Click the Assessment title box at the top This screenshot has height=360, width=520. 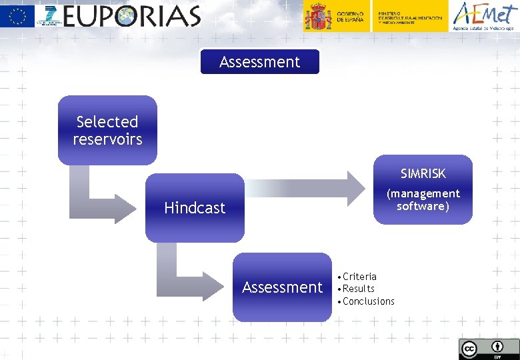coord(260,62)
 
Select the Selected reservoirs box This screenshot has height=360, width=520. coord(107,130)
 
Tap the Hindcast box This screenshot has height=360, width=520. coord(195,208)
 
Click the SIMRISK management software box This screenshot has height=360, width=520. coord(423,190)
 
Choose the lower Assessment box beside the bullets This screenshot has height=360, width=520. coord(282,287)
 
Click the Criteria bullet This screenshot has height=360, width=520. coord(359,277)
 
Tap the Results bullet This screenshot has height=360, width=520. coord(358,289)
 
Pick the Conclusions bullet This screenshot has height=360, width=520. coord(368,301)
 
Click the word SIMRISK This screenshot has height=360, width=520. coord(423,174)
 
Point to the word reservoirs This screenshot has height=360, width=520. coord(107,139)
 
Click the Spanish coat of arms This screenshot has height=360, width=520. coord(318,16)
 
